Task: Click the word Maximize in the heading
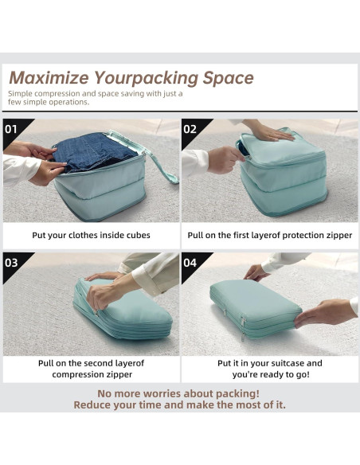coord(49,78)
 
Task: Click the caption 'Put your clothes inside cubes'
coord(91,236)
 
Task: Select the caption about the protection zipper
coord(269,236)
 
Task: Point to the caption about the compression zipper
coord(91,368)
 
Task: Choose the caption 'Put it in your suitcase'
coord(269,363)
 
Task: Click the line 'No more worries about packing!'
coord(179,393)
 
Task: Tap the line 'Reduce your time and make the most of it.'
coord(179,404)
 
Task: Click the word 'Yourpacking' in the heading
coord(146,78)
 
